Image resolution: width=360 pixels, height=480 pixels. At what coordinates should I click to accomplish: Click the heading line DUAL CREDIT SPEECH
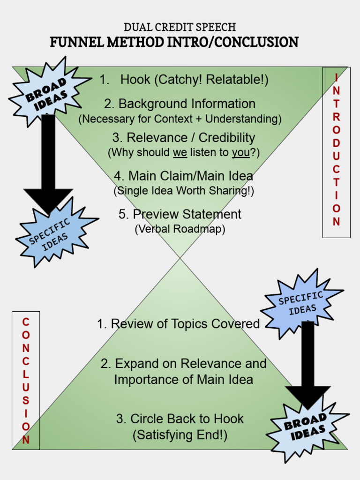(x=180, y=27)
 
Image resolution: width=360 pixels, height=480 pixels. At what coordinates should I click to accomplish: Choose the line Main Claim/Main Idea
(x=183, y=176)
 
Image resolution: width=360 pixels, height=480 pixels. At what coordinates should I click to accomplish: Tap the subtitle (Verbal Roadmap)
(x=180, y=229)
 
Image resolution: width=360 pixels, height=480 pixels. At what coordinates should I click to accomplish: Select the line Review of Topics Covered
(x=178, y=324)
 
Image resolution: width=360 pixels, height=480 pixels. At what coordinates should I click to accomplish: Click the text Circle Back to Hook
(x=180, y=419)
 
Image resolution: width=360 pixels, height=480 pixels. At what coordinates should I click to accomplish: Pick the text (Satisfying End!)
(x=180, y=435)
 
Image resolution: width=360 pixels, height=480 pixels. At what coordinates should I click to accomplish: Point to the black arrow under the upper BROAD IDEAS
(x=48, y=159)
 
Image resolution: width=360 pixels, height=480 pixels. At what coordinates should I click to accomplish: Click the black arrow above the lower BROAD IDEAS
(x=308, y=361)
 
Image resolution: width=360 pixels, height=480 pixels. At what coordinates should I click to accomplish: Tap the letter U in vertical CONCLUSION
(x=26, y=387)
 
